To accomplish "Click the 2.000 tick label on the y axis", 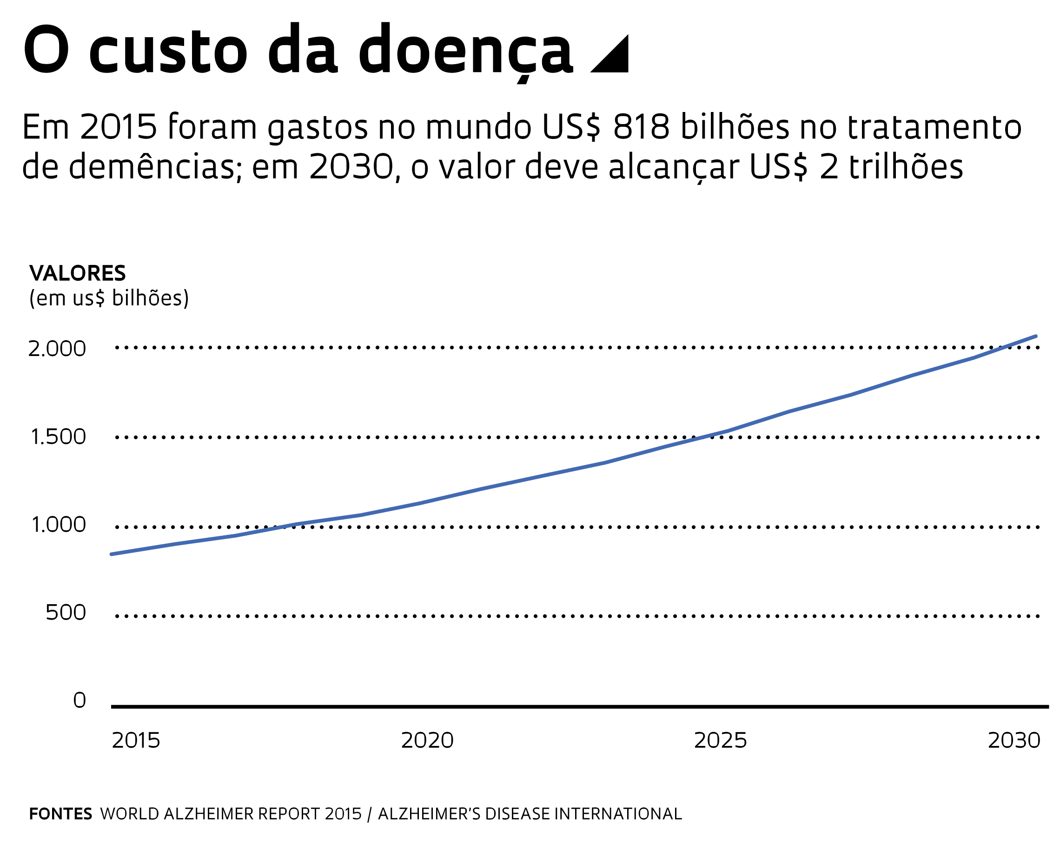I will (x=57, y=349).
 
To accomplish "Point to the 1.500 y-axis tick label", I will (x=58, y=437).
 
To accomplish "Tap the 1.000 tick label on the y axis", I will (x=59, y=525).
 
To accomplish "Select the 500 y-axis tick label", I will (x=66, y=613).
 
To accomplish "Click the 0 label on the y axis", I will (x=79, y=700).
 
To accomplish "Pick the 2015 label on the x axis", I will (x=136, y=741).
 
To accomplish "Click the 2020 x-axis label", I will (x=427, y=741).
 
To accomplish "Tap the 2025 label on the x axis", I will (x=720, y=741).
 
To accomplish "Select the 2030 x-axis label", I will (x=1014, y=741).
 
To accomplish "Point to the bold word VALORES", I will (x=78, y=273).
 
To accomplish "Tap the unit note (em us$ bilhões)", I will (x=109, y=298).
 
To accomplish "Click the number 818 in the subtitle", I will (x=641, y=127).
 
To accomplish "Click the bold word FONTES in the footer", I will (x=60, y=814).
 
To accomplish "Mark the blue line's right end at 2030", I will (x=1036, y=336).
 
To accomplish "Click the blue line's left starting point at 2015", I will (x=112, y=554).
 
